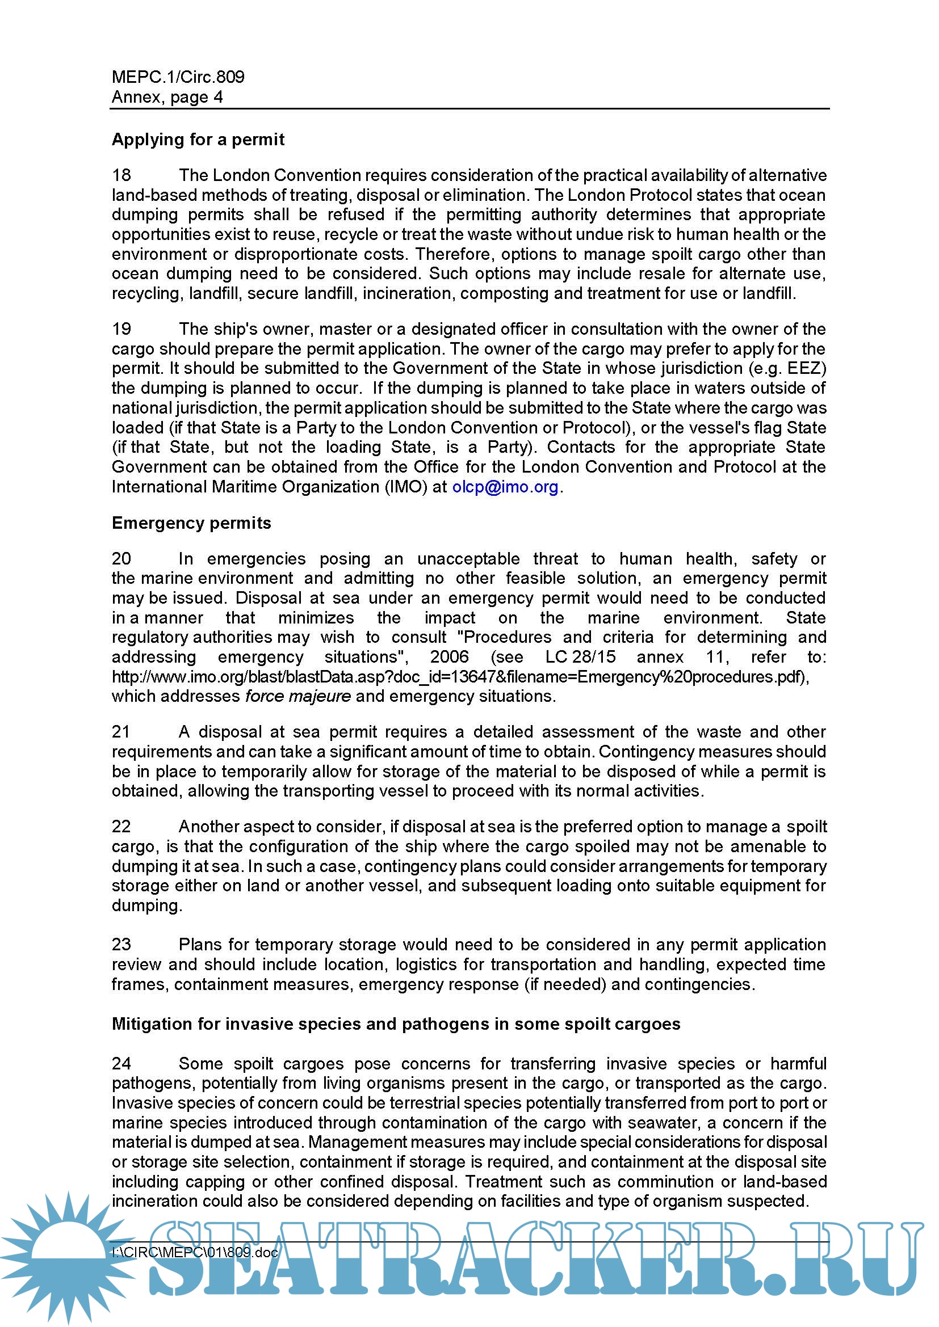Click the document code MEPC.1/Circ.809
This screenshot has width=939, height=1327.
[178, 77]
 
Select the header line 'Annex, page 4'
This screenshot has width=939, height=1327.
[167, 97]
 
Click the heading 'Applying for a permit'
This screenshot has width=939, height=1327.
[198, 140]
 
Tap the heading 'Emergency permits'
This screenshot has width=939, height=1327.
[191, 523]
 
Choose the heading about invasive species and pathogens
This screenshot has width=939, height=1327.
[396, 1024]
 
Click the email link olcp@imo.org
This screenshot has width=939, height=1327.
[505, 487]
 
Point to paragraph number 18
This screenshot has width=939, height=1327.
[121, 175]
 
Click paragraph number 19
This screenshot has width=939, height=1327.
[121, 330]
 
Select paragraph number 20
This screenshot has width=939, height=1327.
[121, 559]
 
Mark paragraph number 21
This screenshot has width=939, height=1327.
[121, 732]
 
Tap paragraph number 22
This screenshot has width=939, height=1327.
[121, 827]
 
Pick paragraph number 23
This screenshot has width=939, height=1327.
[121, 945]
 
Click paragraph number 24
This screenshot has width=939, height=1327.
[121, 1064]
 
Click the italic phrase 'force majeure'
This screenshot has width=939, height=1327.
[298, 697]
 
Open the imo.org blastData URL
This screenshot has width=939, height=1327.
[460, 677]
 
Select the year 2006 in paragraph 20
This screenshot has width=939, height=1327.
[449, 657]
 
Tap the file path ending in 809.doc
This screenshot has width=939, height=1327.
[195, 1253]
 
